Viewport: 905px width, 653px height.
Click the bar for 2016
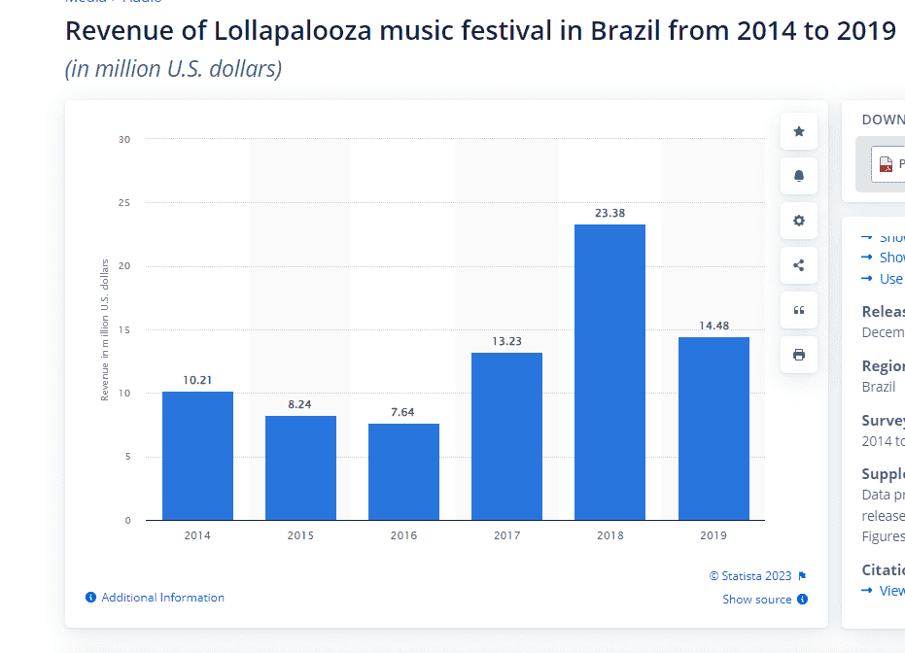coord(403,471)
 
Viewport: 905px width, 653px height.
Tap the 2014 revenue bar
coord(197,456)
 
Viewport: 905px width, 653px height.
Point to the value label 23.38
coord(609,213)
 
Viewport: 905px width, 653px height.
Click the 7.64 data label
coord(402,412)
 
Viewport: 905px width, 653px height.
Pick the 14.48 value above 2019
coord(714,326)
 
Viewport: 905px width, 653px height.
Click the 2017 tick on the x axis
coord(506,535)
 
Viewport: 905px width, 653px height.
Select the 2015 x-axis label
coord(300,535)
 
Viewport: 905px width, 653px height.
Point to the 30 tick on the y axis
coord(124,139)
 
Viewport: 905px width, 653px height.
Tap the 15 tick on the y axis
coord(124,330)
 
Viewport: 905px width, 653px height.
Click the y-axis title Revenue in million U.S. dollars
coord(105,330)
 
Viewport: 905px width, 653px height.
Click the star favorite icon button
coord(799,131)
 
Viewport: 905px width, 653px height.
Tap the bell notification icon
coord(799,176)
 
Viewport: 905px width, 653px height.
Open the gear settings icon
coord(799,221)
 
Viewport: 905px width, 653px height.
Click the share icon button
coord(799,265)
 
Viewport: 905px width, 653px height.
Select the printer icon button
coord(799,355)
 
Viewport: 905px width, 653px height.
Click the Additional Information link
coord(162,598)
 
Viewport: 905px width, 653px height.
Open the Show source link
coord(756,600)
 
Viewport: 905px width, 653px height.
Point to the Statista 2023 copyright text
coord(750,576)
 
